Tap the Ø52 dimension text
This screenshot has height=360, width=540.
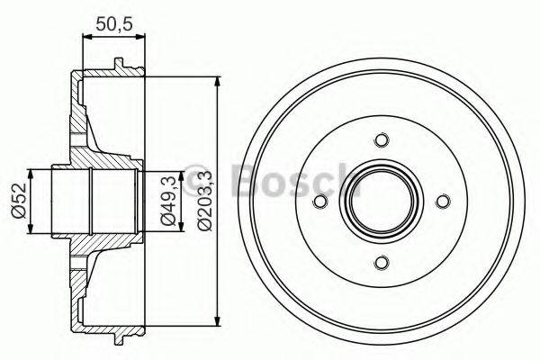click(x=17, y=201)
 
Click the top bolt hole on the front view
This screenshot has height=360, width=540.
click(x=381, y=140)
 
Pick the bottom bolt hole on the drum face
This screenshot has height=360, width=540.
click(x=381, y=262)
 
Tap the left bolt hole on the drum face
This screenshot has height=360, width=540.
click(x=320, y=202)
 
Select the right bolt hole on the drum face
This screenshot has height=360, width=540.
click(x=442, y=202)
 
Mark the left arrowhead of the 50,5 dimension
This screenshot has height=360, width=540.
click(x=85, y=37)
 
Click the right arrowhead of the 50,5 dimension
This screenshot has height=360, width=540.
click(x=140, y=37)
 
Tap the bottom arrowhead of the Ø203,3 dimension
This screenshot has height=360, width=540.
click(x=217, y=320)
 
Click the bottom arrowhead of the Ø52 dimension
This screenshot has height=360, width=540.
click(x=32, y=229)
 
